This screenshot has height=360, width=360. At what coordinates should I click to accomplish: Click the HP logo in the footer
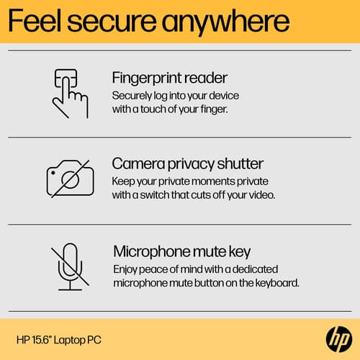coord(339,339)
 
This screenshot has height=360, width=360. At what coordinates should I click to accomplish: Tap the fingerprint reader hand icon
coord(70,94)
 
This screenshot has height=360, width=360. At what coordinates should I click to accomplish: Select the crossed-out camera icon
coord(70,179)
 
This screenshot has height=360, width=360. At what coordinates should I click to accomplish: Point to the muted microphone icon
coord(70,266)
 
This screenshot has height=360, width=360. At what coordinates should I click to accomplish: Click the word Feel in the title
coord(35,21)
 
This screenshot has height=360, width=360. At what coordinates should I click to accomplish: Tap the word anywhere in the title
coord(225,23)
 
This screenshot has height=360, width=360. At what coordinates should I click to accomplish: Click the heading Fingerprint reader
coord(170,78)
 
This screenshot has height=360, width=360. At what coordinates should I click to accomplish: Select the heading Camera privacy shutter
coord(188,164)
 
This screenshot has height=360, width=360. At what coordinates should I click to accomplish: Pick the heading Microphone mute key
coord(181,252)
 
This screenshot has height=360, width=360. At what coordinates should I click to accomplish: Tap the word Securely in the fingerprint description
coord(132,96)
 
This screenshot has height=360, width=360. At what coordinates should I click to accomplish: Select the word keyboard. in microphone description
coord(277,283)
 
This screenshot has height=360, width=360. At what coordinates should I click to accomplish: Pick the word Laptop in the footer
coord(69,341)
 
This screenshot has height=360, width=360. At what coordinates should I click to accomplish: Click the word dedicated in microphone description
coord(255,269)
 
